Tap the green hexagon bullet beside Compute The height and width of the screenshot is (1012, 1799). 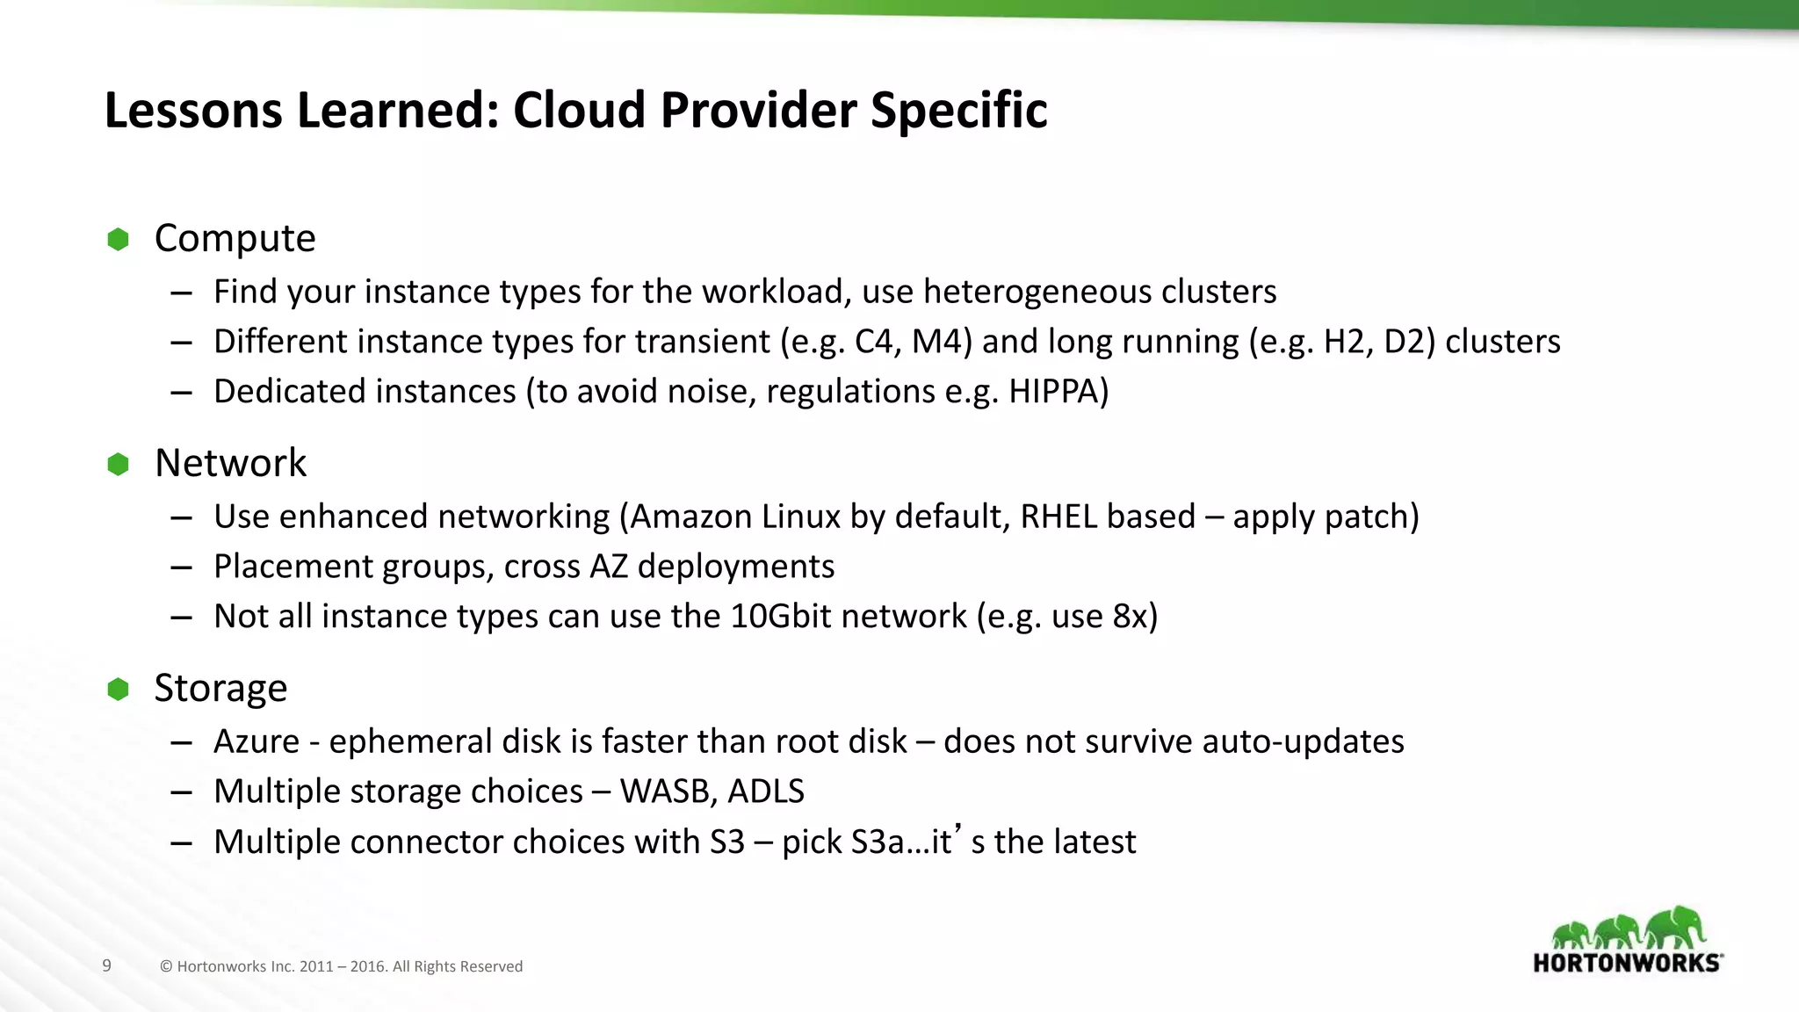coord(118,239)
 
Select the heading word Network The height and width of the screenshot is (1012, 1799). coord(230,463)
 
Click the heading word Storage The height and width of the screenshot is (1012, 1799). coord(220,688)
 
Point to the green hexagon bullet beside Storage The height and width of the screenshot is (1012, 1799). coord(118,690)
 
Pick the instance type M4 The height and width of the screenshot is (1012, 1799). coord(940,342)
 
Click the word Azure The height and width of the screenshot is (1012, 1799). coord(256,741)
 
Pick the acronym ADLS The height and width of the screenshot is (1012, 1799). coord(765,792)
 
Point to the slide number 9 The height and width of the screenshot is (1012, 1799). coord(107,965)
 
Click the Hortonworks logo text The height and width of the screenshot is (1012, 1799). coord(1627,963)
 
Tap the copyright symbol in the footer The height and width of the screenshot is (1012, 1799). coord(166,966)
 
